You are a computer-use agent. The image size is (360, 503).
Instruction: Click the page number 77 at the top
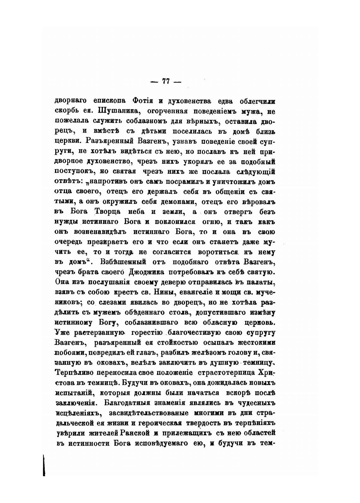coord(166,81)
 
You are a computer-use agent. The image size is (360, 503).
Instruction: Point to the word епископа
coord(109,101)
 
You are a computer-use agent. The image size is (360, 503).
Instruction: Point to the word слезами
coord(112,302)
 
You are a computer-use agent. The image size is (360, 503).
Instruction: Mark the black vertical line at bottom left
coord(44,464)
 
